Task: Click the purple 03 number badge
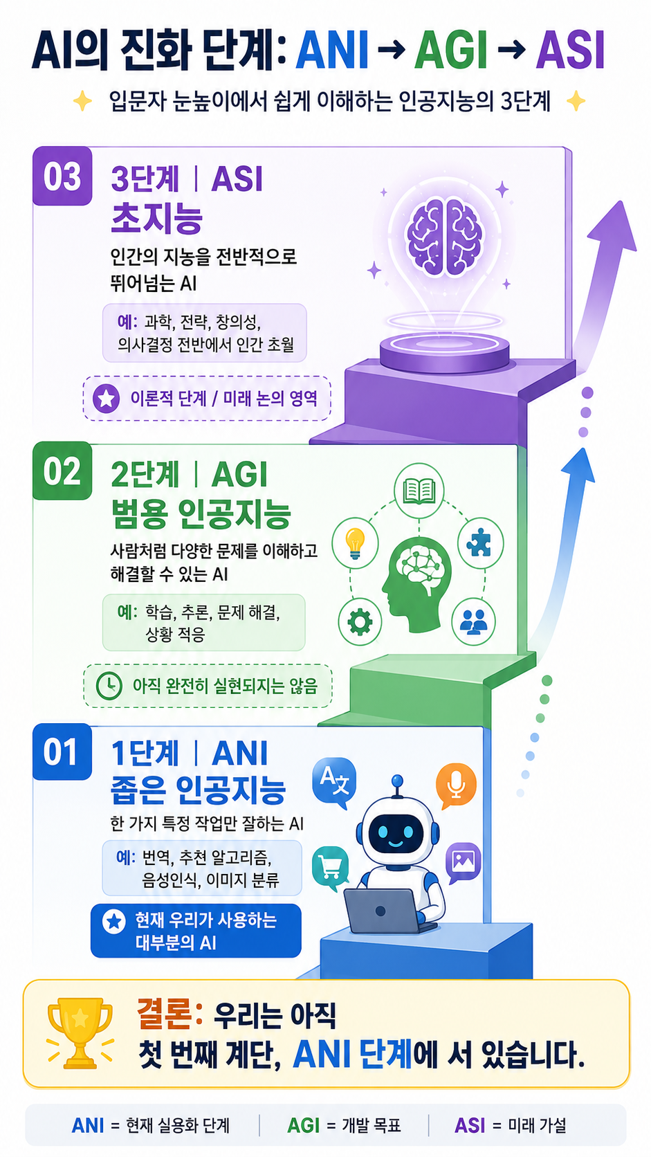[62, 176]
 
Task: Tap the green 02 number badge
[62, 471]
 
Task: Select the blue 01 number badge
[62, 751]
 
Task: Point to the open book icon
[419, 491]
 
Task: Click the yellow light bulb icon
[355, 543]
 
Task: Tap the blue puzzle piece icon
[480, 543]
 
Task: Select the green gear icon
[360, 622]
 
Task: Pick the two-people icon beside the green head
[473, 622]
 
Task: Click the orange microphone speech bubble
[456, 785]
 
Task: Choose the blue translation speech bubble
[334, 782]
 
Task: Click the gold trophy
[80, 1033]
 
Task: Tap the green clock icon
[109, 686]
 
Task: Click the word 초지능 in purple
[157, 219]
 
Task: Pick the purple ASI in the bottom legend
[470, 1125]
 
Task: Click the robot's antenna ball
[397, 780]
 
